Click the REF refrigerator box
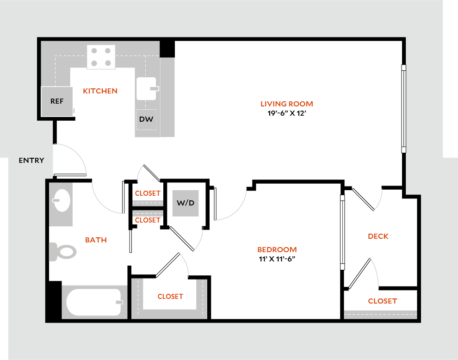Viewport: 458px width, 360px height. pos(57,101)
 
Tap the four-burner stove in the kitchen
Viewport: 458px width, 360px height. pos(101,57)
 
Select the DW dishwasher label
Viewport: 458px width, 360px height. pos(146,119)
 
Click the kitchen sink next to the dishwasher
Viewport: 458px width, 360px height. pos(147,88)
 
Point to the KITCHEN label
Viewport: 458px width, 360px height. pos(100,91)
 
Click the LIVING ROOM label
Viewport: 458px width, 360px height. pos(286,104)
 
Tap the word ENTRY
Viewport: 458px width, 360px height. pos(31,161)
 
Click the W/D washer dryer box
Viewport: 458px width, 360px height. pos(186,203)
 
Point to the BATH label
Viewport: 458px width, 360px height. pos(96,240)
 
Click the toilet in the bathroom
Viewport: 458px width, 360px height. pos(62,252)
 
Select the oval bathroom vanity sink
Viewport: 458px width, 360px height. pos(61,201)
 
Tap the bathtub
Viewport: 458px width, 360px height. pos(94,302)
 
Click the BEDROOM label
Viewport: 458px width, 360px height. pos(277,250)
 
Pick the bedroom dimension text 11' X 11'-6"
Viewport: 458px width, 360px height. pos(277,259)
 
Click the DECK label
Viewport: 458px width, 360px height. pos(378,236)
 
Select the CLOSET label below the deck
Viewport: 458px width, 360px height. pos(383,301)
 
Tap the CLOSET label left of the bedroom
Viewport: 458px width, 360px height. pos(170,297)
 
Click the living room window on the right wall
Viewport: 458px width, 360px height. pos(403,109)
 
